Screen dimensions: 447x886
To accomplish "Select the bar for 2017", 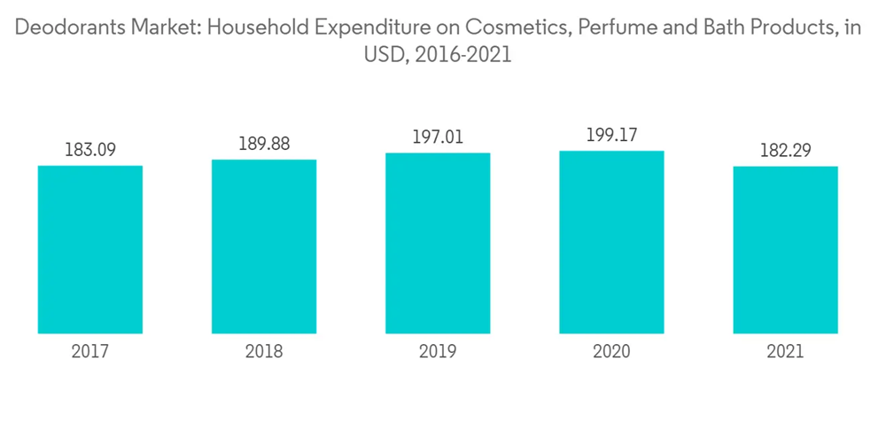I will click(90, 249).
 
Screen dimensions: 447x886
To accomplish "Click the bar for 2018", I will click(264, 247).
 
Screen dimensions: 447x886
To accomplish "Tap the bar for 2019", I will click(438, 243).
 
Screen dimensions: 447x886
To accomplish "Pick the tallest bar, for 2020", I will click(611, 242).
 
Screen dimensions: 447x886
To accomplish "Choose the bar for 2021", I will click(785, 249).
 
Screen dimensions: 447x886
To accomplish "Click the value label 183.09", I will click(90, 150).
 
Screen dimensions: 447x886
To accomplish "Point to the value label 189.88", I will click(264, 144).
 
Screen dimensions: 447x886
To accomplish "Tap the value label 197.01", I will click(438, 137).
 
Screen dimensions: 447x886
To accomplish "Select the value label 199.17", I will click(611, 136).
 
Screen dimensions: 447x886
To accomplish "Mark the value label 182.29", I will click(785, 151).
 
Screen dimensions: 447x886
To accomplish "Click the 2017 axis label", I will click(90, 352).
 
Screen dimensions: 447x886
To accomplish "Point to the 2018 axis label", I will click(264, 352).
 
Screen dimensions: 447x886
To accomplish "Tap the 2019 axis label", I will click(438, 352).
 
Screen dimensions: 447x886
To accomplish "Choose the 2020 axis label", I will click(611, 352).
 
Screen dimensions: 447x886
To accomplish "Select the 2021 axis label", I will click(785, 352).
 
